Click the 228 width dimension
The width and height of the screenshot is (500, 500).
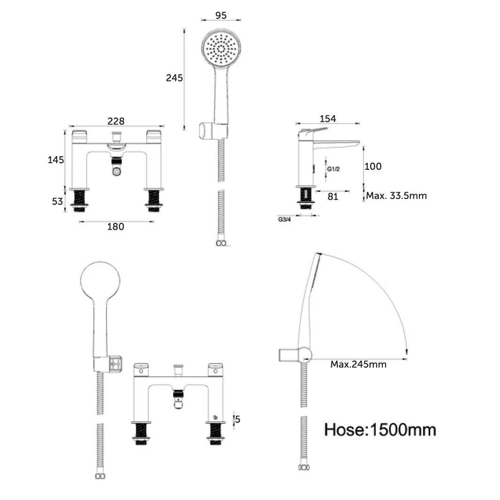click(x=116, y=121)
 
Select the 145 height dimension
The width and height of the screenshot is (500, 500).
click(x=56, y=160)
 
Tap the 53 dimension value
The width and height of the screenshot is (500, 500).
click(x=57, y=202)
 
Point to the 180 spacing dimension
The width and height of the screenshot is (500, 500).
click(x=116, y=227)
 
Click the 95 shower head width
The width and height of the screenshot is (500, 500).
click(x=221, y=15)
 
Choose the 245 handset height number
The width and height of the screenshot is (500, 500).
click(x=174, y=78)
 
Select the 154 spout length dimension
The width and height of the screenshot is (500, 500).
click(x=327, y=119)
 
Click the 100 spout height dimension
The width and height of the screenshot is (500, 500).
click(x=373, y=166)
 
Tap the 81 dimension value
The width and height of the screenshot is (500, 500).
click(x=333, y=197)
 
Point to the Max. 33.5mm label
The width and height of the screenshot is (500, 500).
click(x=396, y=196)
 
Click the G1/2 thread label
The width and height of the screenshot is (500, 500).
click(x=333, y=168)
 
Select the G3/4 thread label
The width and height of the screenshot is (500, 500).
click(x=284, y=219)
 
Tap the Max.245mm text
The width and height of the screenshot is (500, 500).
click(x=358, y=364)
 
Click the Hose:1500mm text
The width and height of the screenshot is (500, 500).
click(x=380, y=429)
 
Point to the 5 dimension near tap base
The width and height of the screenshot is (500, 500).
click(x=238, y=419)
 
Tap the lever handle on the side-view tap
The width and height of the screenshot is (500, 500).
click(x=311, y=130)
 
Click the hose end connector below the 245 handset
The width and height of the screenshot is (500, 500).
click(x=221, y=243)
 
